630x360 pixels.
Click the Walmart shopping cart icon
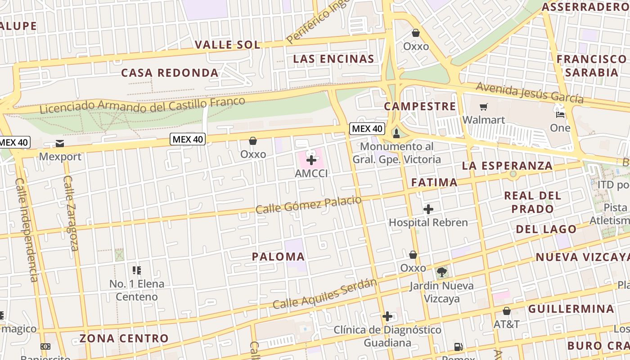pyautogui.click(x=484, y=107)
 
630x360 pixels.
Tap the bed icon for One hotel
pyautogui.click(x=560, y=114)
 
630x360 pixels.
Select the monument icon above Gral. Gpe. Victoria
pyautogui.click(x=396, y=133)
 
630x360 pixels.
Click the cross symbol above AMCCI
pyautogui.click(x=311, y=160)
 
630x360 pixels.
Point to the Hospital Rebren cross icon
pyautogui.click(x=428, y=209)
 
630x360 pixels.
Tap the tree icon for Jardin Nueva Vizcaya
pyautogui.click(x=442, y=272)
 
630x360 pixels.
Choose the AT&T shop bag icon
pyautogui.click(x=507, y=311)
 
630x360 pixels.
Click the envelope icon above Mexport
pyautogui.click(x=60, y=144)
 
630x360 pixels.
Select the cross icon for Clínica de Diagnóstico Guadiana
pyautogui.click(x=387, y=316)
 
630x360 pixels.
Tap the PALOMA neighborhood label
pyautogui.click(x=278, y=257)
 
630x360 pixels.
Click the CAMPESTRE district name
pyautogui.click(x=420, y=107)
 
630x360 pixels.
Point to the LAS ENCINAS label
pyautogui.click(x=333, y=59)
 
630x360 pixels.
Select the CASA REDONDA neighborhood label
pyautogui.click(x=170, y=73)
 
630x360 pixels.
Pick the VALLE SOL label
pyautogui.click(x=228, y=45)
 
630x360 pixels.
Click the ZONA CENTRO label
pyautogui.click(x=124, y=338)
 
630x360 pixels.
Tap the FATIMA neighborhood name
pyautogui.click(x=434, y=182)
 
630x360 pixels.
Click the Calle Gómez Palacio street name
pyautogui.click(x=309, y=205)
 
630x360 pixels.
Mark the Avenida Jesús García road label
pyautogui.click(x=530, y=92)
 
